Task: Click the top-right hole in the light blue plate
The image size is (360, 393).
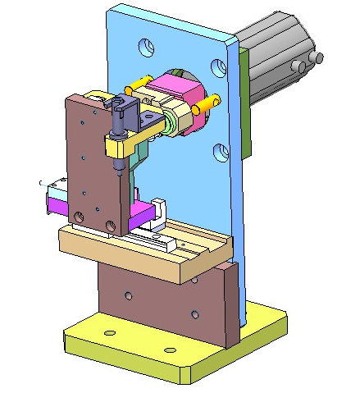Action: [218, 66]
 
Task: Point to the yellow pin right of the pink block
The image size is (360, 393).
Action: [207, 104]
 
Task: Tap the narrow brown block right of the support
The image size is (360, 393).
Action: [230, 304]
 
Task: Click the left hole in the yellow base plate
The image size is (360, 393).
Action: [108, 333]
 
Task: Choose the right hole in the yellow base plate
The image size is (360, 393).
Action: [170, 350]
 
